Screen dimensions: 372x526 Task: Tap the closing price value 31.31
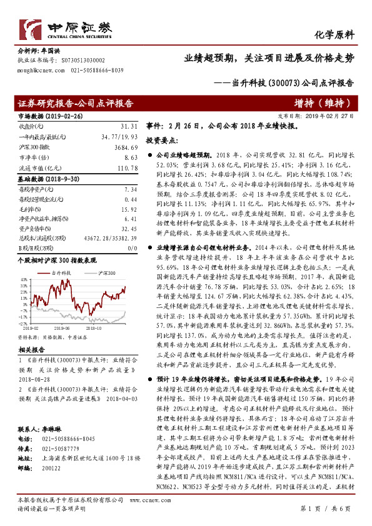(128, 125)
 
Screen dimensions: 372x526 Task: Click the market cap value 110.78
(126, 167)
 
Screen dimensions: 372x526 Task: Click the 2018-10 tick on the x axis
(94, 327)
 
